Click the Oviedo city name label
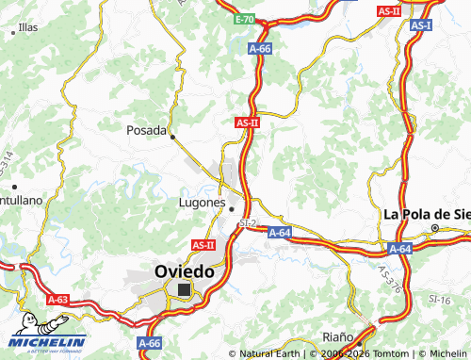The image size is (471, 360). point(184,270)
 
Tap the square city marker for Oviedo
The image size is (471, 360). point(184,290)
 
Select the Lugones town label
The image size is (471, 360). point(200,202)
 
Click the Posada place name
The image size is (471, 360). point(146,131)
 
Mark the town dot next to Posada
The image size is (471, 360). point(172,136)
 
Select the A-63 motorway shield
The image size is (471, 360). point(57,300)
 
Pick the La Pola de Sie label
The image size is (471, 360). point(426,213)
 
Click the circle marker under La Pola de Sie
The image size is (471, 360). point(435,227)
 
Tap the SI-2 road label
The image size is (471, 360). point(248,223)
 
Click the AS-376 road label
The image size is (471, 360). point(392,280)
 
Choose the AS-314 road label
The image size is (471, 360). point(8,169)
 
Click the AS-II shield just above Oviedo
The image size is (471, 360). point(203,244)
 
